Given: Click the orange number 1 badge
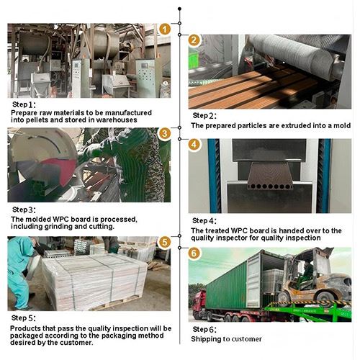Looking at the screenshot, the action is pos(165,30).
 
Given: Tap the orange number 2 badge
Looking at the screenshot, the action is pos(194,40).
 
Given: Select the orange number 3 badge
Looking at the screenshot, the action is pos(165,134).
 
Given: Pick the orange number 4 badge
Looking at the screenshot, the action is pos(194,145).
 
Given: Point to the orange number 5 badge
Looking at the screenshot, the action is pos(165,242).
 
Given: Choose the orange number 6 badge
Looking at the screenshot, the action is pos(194,253).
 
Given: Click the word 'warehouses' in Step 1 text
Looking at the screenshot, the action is pos(117,120).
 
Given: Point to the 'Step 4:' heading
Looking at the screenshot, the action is pos(204,220).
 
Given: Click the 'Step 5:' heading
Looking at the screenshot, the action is pos(24,318).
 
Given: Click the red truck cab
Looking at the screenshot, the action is pos(199,305).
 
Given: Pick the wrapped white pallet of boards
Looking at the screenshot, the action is pos(94,282).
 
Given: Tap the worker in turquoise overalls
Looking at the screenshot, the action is pos(20,273).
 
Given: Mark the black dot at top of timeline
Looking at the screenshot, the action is pos(179,9).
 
